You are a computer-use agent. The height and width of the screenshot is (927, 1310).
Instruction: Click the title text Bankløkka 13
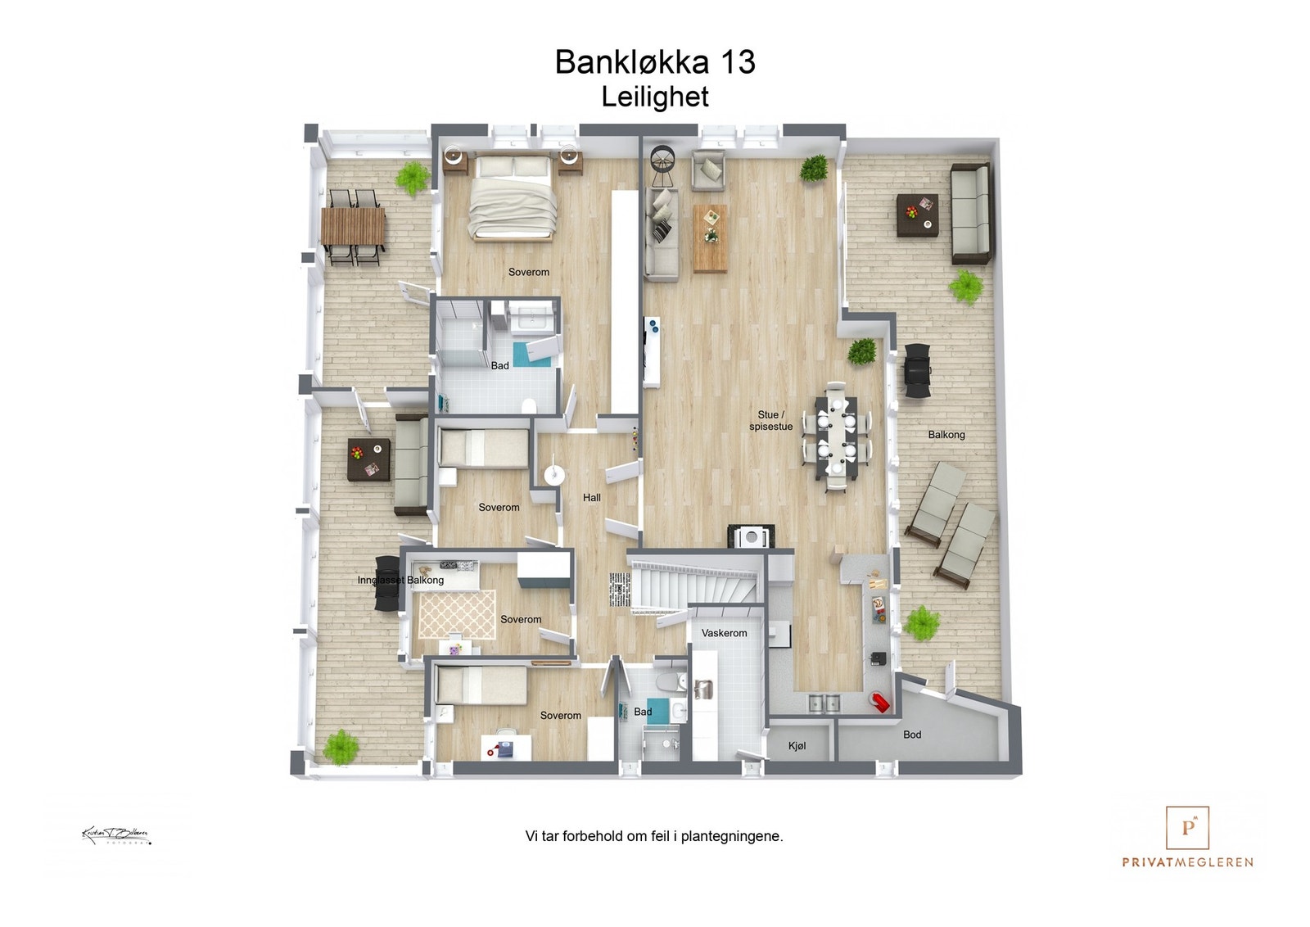(654, 62)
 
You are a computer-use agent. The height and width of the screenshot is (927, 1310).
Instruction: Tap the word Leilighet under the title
(654, 97)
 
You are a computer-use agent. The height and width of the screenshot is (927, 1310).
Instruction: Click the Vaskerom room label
(724, 633)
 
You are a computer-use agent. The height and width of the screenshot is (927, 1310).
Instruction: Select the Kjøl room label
(797, 746)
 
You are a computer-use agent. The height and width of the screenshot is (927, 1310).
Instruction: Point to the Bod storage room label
(912, 735)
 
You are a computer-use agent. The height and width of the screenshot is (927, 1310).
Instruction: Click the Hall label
(591, 498)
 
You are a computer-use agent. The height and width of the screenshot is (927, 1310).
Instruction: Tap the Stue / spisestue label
(770, 420)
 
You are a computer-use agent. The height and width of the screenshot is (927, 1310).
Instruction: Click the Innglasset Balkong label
(400, 580)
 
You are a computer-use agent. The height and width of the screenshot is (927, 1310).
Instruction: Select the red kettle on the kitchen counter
(881, 702)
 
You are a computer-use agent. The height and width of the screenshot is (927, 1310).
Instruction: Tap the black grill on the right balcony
(917, 371)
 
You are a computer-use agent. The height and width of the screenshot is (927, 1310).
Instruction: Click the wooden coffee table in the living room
(710, 237)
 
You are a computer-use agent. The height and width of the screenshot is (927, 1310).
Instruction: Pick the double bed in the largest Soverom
(513, 198)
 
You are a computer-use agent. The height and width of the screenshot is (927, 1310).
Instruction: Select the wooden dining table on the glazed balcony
(353, 226)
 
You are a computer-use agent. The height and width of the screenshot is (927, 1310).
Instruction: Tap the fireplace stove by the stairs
(750, 536)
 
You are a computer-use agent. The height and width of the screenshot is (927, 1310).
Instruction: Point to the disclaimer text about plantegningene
(653, 836)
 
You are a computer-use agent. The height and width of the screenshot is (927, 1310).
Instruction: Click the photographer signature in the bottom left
(115, 836)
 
